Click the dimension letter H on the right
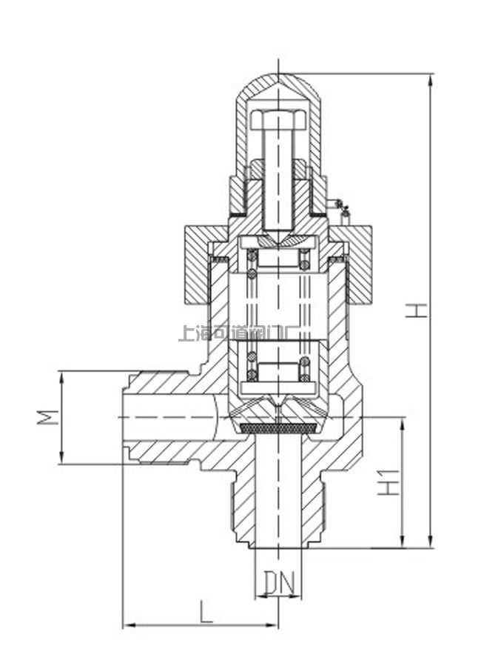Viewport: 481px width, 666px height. (x=417, y=310)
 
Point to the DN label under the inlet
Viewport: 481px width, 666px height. (x=279, y=585)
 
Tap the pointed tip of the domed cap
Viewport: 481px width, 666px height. (x=279, y=75)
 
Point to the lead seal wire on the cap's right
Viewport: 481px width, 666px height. (x=341, y=208)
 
